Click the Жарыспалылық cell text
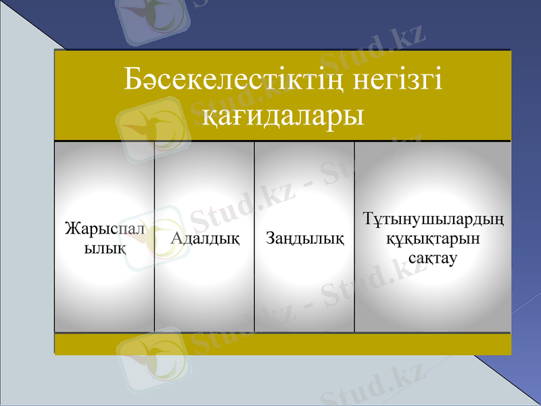click(104, 238)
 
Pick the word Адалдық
click(205, 238)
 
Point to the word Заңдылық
click(304, 238)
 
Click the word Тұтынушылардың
click(433, 220)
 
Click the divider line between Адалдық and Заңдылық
click(254, 237)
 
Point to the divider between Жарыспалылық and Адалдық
click(155, 237)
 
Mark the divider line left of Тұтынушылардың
click(354, 237)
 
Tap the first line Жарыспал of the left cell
click(105, 229)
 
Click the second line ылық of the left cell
click(105, 248)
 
